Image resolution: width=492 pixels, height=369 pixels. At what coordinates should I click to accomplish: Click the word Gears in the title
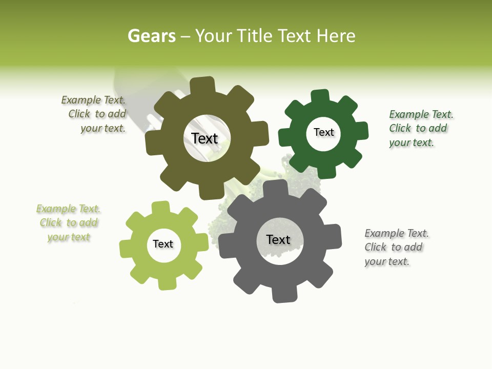point(151,36)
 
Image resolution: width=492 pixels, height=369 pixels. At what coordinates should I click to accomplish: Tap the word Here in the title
point(336,36)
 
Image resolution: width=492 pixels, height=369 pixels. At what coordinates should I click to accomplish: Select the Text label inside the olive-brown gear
point(204,138)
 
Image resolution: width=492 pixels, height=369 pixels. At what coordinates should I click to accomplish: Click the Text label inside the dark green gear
point(324,132)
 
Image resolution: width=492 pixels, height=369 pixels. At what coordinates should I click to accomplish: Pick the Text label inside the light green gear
point(163,244)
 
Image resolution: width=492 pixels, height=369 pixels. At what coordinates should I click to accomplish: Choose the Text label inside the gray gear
point(278,239)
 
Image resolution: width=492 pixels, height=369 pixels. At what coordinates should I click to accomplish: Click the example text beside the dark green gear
point(421,128)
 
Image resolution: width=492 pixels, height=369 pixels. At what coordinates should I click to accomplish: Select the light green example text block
point(68,223)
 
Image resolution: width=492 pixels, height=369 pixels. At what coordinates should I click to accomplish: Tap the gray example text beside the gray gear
point(396,247)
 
